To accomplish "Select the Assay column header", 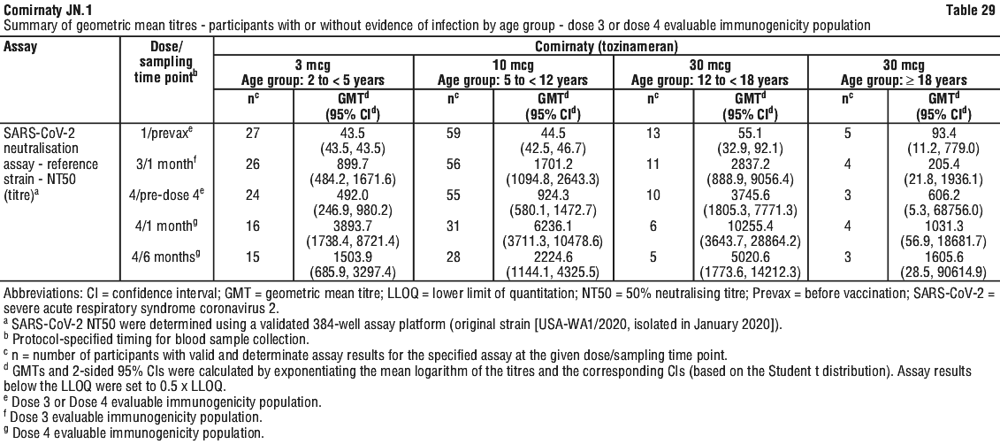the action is (x=20, y=47).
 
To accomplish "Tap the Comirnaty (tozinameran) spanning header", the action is (x=606, y=47).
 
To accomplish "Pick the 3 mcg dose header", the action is (x=312, y=65).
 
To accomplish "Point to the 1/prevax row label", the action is (x=167, y=134).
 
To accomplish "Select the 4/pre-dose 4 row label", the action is (x=167, y=195).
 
